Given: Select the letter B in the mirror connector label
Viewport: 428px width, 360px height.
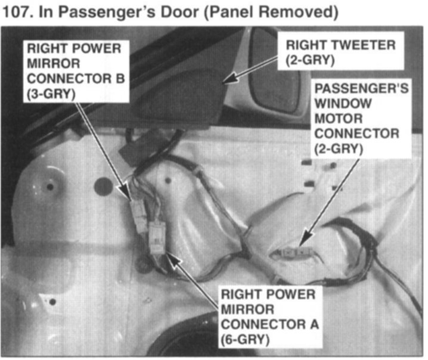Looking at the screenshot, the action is coord(120,79).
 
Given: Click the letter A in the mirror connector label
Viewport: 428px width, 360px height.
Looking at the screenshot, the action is coord(314,324).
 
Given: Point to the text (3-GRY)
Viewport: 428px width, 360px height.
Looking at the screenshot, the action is coord(51,94).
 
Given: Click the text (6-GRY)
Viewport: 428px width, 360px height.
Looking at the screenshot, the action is coord(245,340).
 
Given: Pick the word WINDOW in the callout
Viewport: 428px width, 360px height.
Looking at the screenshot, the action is coord(343,104).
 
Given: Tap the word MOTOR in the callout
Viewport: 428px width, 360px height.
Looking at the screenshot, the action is coord(339,119).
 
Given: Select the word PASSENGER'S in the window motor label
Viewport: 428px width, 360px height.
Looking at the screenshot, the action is coord(361,88).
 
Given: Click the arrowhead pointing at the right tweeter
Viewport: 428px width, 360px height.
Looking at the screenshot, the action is coord(228,79).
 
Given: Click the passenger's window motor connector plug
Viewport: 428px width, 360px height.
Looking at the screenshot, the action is coord(294,253).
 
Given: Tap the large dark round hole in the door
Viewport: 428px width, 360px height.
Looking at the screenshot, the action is coord(104,187).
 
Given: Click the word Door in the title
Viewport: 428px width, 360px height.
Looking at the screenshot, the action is coord(179,12).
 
